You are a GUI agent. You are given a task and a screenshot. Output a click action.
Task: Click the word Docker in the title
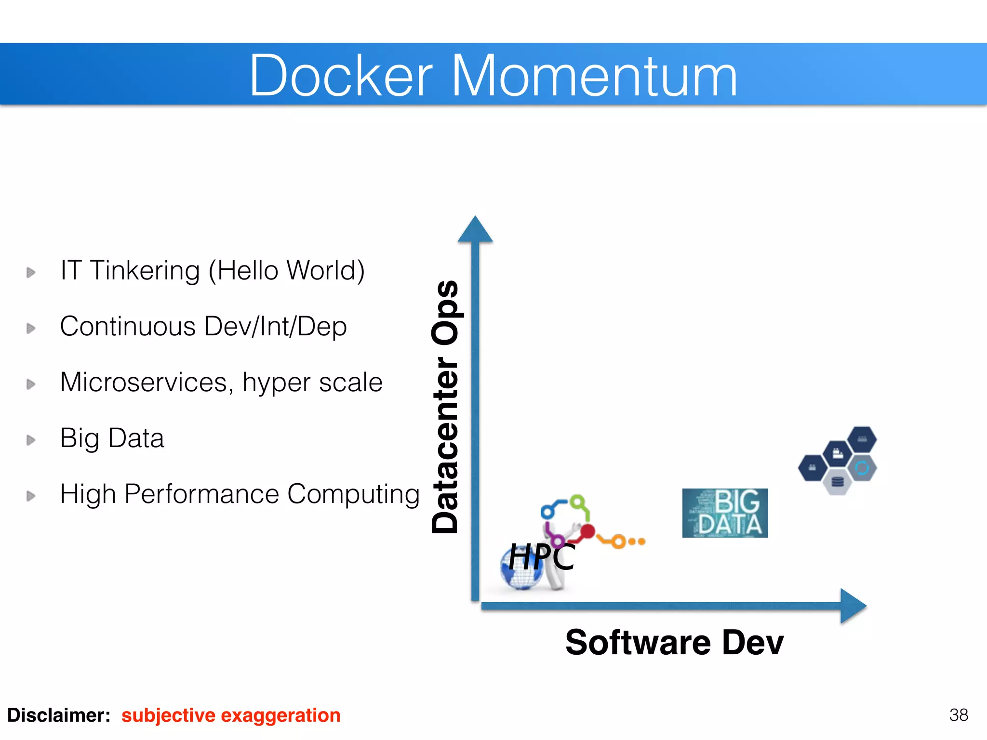point(341,76)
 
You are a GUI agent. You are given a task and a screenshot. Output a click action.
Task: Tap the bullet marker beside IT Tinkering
point(31,272)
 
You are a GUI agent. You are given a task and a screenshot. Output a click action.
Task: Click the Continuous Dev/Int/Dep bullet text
point(203,326)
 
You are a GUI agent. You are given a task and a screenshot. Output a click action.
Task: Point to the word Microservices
point(143,382)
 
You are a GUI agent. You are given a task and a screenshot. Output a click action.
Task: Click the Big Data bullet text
point(112,438)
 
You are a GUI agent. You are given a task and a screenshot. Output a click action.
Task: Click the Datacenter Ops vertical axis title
point(445,407)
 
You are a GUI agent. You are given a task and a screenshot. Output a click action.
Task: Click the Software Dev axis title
point(674,642)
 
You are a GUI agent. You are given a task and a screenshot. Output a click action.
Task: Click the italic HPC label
point(542,556)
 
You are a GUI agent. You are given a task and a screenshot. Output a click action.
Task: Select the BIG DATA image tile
point(725,513)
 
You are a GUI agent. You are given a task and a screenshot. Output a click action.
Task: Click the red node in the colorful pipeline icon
point(587,531)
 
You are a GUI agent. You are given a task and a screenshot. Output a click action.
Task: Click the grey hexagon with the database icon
point(838,482)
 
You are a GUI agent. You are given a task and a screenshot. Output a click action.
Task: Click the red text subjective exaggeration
point(231,715)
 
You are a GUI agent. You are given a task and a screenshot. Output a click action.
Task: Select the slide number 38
point(958,714)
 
